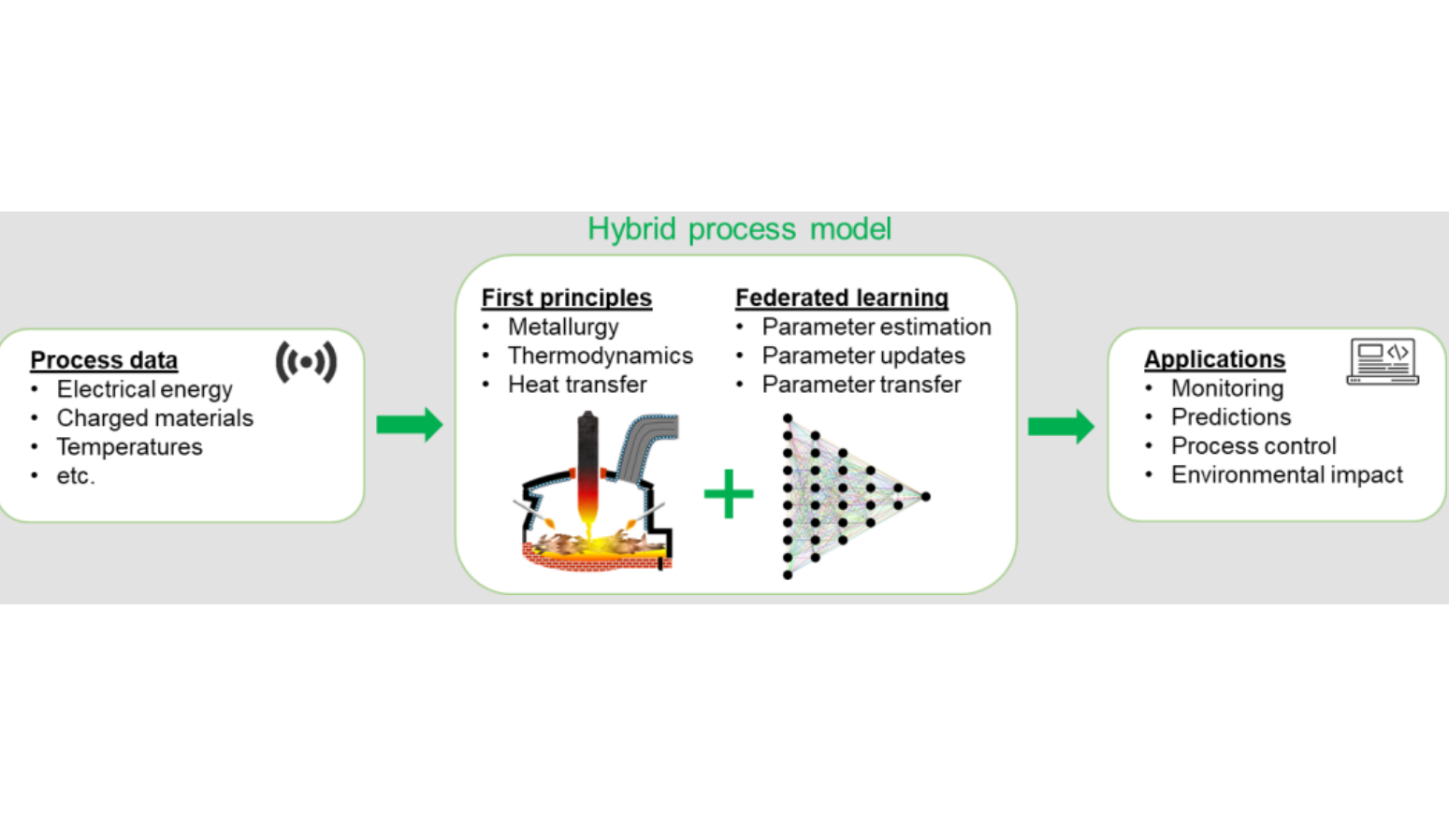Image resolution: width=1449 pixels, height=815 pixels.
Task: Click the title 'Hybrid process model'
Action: click(x=739, y=229)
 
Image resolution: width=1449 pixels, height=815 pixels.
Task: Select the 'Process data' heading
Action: click(x=104, y=360)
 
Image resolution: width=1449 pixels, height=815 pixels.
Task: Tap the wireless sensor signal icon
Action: click(x=306, y=362)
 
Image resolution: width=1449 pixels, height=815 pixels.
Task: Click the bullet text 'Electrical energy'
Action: click(x=144, y=389)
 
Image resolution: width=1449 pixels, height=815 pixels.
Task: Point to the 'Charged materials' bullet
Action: click(x=154, y=418)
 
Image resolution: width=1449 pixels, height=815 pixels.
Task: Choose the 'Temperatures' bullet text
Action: click(x=129, y=447)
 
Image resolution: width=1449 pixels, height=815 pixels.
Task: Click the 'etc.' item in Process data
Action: click(x=76, y=476)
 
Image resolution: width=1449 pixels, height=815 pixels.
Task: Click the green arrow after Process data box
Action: click(x=409, y=425)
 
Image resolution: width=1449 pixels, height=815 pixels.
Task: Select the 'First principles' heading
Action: click(x=566, y=298)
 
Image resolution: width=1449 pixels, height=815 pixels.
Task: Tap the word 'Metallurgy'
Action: click(x=563, y=327)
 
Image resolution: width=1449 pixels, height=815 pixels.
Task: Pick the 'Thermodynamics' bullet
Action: click(x=600, y=357)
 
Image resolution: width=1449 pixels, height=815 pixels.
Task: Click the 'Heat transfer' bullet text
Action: click(x=577, y=385)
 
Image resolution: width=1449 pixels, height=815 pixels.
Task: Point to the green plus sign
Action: click(x=729, y=494)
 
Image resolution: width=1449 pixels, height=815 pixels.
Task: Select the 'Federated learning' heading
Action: click(x=841, y=298)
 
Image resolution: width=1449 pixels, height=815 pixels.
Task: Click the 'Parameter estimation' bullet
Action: click(x=876, y=327)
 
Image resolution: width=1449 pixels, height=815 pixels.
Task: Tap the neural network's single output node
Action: click(x=925, y=497)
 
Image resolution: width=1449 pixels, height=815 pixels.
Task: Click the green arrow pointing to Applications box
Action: click(x=1060, y=427)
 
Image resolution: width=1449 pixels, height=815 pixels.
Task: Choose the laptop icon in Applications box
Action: click(x=1383, y=361)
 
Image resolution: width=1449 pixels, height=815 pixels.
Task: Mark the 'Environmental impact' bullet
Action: click(x=1286, y=475)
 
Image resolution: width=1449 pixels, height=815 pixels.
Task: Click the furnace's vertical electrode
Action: click(x=587, y=468)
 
